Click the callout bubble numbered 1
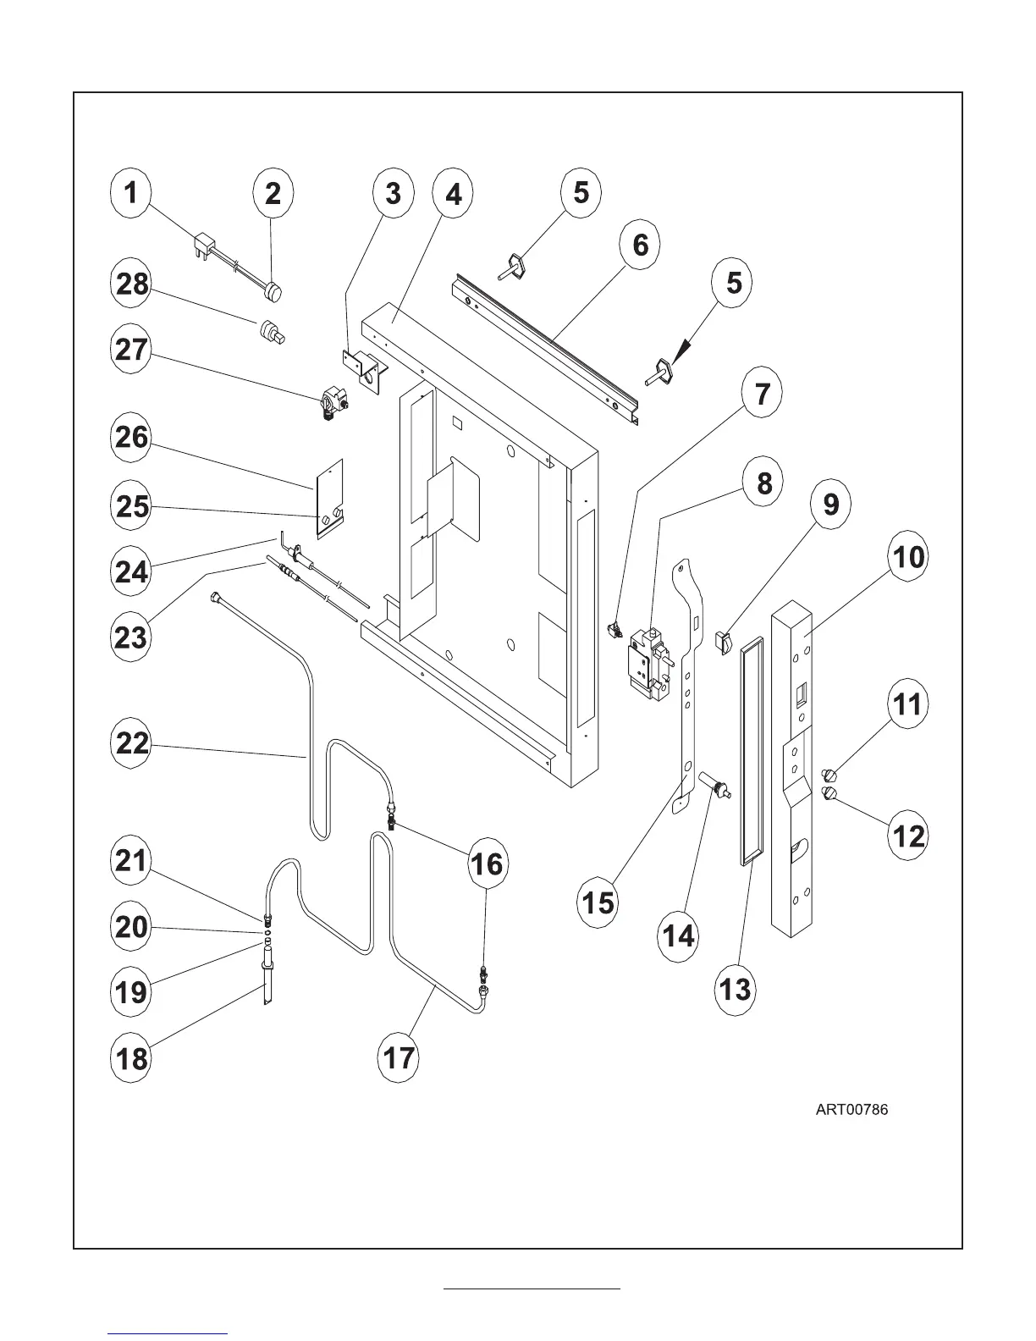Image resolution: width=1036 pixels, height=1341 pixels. click(130, 193)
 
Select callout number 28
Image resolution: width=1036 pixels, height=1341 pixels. click(132, 284)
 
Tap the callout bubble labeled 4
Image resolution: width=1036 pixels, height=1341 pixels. click(455, 194)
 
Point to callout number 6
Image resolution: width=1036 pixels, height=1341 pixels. click(641, 245)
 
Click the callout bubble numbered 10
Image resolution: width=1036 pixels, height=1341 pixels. click(907, 557)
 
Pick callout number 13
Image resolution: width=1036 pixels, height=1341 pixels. click(734, 988)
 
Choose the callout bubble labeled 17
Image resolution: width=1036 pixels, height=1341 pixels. click(399, 1057)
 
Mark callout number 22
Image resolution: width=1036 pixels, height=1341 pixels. click(132, 744)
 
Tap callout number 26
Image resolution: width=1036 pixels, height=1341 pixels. click(132, 438)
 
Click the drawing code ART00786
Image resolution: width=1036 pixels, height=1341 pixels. click(851, 1110)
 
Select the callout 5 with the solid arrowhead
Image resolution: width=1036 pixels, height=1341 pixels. click(734, 282)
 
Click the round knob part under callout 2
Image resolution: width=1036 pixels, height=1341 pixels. click(273, 293)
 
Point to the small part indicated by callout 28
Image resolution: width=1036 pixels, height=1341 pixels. click(271, 329)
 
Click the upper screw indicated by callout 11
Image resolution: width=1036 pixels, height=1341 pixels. click(829, 772)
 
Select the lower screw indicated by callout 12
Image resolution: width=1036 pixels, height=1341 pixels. click(830, 793)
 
